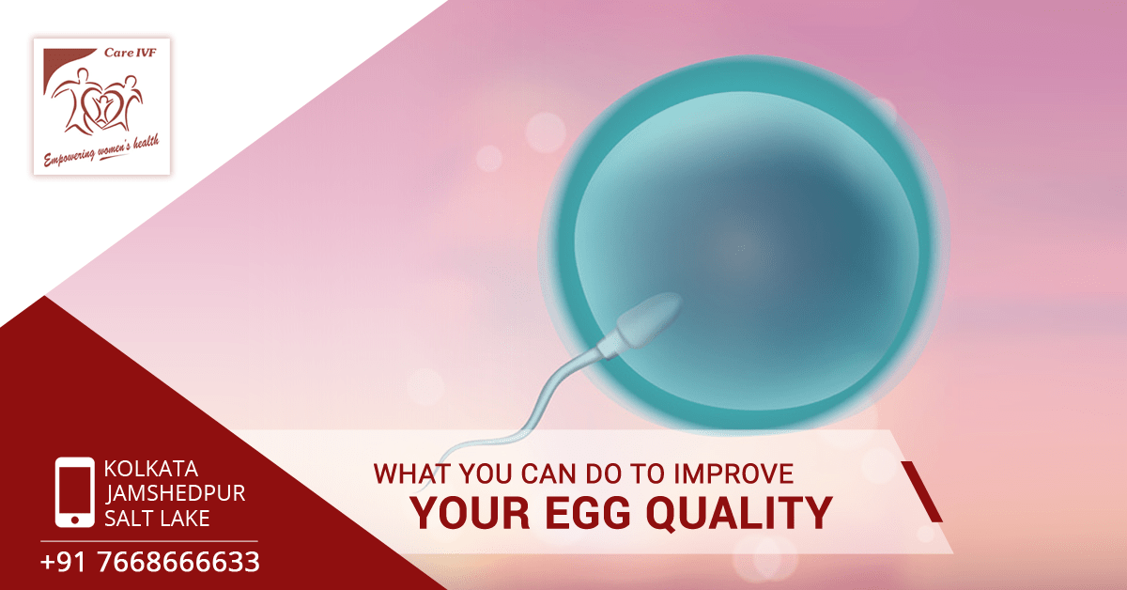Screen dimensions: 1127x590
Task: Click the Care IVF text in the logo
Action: (x=131, y=53)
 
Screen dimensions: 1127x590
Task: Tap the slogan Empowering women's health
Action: (x=101, y=150)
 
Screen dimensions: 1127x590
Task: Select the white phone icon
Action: (x=74, y=492)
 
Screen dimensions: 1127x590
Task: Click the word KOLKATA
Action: (x=151, y=469)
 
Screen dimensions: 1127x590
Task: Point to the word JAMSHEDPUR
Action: (x=175, y=493)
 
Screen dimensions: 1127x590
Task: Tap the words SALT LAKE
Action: (x=157, y=519)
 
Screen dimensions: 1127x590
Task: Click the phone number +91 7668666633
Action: (x=150, y=562)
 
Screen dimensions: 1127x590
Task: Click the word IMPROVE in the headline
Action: (x=733, y=474)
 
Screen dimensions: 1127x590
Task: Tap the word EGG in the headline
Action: (x=588, y=512)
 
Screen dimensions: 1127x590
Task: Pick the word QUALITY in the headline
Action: (x=739, y=512)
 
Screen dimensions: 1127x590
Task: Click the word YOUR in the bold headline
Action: (x=470, y=512)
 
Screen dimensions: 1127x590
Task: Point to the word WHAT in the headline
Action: (x=412, y=474)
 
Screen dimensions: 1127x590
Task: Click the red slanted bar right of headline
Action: (x=921, y=491)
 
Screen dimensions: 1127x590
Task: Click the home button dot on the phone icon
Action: (x=74, y=520)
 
